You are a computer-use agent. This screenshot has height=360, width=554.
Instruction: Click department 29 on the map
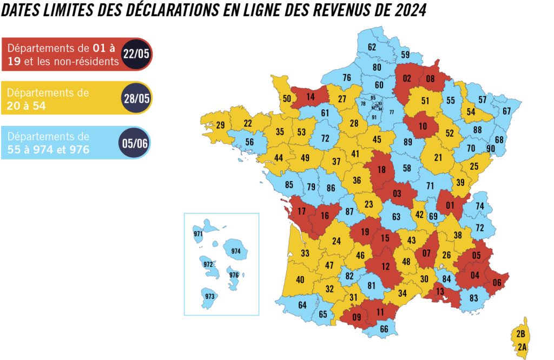(x=221, y=125)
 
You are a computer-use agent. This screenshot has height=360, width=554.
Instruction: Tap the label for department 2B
(x=521, y=333)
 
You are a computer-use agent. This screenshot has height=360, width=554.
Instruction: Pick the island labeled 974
(x=235, y=251)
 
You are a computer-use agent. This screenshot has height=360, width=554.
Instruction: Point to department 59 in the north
(x=405, y=55)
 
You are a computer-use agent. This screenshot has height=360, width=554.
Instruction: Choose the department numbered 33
(x=305, y=253)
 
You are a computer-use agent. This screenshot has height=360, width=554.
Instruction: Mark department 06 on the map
(x=497, y=282)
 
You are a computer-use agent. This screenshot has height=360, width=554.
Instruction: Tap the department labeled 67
(x=506, y=111)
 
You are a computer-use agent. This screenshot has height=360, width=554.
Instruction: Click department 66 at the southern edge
(x=384, y=329)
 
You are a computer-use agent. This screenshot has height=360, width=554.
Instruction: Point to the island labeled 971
(x=197, y=234)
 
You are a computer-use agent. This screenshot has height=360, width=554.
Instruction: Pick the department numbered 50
(x=287, y=98)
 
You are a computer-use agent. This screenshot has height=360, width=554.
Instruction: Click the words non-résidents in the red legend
(x=87, y=61)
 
